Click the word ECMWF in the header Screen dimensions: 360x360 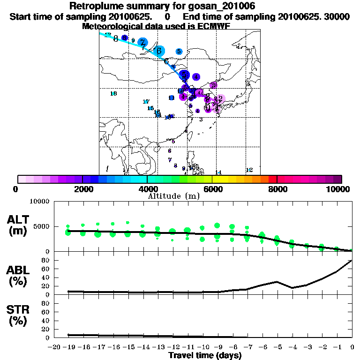[213, 26]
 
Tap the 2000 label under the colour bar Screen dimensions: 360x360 [82, 189]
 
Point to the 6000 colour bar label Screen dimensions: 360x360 [212, 189]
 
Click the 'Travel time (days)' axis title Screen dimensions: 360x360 [204, 355]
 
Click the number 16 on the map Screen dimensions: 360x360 [113, 94]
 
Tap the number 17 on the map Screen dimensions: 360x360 [146, 102]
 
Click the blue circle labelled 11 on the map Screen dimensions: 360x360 [172, 97]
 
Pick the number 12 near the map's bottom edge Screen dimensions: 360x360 [249, 170]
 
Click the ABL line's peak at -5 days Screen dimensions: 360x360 [277, 282]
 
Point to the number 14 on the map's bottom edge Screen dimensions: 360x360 [218, 172]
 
